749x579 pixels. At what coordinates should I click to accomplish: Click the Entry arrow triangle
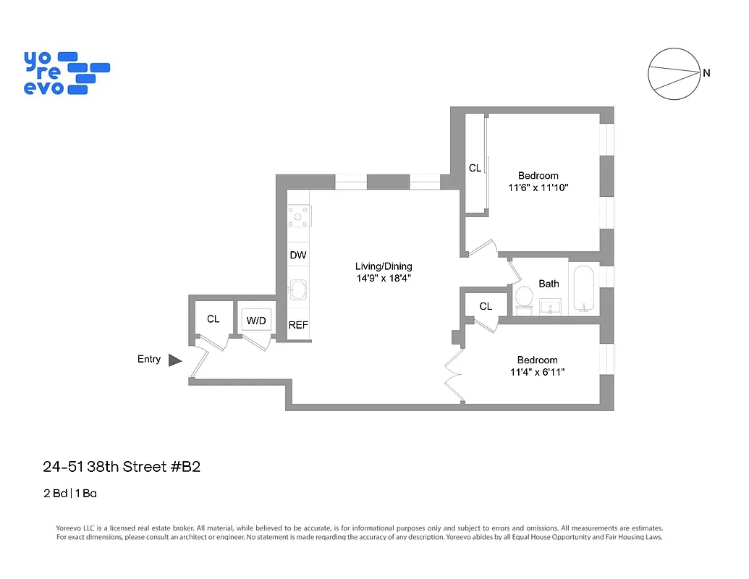tap(174, 360)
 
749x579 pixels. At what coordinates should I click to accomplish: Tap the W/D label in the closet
tap(256, 320)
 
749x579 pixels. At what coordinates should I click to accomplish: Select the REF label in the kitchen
tap(298, 325)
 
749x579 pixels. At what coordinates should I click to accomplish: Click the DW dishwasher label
tap(298, 255)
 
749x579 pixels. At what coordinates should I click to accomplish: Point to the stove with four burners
tap(298, 215)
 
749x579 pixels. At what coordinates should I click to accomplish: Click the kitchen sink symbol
tap(297, 289)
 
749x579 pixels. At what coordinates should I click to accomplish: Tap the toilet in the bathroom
tap(523, 297)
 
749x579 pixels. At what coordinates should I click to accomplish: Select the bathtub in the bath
tap(584, 289)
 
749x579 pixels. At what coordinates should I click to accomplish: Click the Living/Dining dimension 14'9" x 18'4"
tap(383, 278)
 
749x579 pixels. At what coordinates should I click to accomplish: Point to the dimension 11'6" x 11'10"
tap(538, 187)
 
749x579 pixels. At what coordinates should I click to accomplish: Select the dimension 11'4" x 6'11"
tap(537, 372)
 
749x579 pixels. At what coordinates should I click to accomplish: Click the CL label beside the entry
tap(213, 318)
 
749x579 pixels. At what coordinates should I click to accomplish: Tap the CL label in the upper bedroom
tap(475, 168)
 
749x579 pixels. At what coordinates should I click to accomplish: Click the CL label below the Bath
tap(486, 306)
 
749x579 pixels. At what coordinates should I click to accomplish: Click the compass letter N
tap(706, 73)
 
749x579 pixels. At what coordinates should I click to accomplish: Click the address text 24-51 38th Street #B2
tap(121, 467)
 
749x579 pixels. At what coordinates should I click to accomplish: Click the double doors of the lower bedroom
tap(454, 377)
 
